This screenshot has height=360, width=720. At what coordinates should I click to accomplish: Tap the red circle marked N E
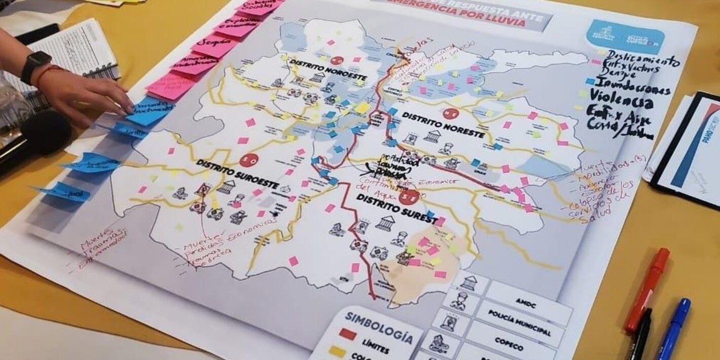click(449, 113)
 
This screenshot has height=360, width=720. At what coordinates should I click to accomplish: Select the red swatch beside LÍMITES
click(347, 334)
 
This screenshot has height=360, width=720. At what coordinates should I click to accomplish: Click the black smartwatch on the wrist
click(35, 65)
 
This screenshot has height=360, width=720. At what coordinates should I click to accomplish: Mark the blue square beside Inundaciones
click(590, 81)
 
